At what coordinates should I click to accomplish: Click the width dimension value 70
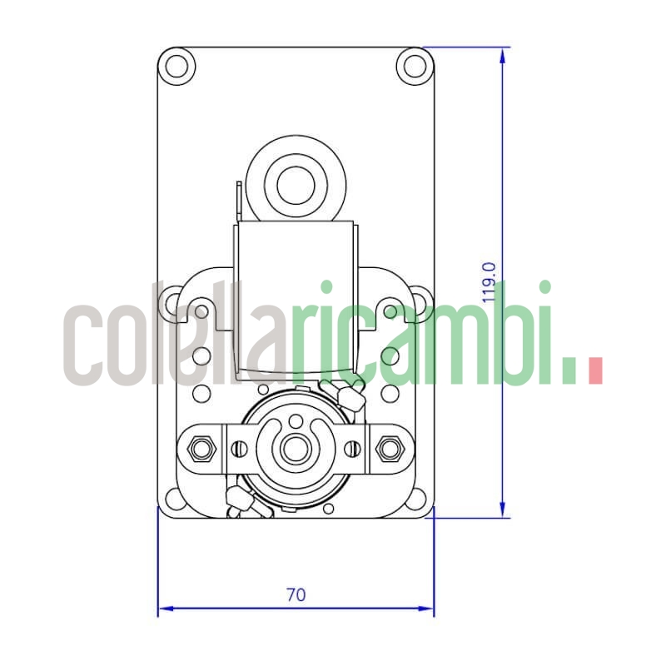point(296,595)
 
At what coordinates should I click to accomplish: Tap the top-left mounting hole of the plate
point(176,65)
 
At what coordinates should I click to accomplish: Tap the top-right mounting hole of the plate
point(412,65)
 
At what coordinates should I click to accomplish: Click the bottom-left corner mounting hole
point(175,499)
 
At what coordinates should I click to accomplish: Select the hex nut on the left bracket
point(200,450)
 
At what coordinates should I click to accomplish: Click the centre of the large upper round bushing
point(293,186)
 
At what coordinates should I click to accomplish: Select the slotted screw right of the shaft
point(352,450)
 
